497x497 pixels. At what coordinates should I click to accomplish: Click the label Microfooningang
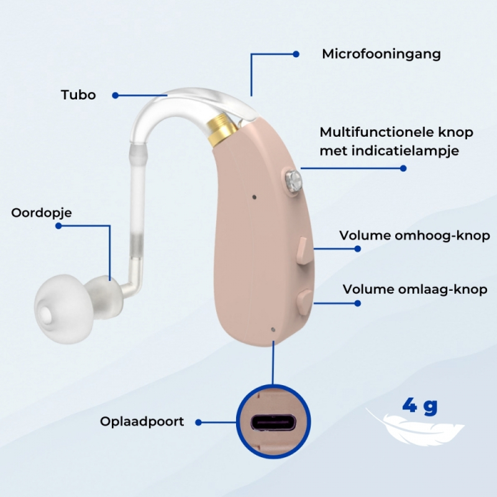(381, 54)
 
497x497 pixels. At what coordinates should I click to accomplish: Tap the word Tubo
(78, 95)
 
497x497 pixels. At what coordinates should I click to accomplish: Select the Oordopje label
(42, 213)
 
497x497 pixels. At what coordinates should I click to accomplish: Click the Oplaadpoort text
(142, 422)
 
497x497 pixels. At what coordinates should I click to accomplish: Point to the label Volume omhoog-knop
(414, 235)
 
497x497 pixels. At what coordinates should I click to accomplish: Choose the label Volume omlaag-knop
(415, 290)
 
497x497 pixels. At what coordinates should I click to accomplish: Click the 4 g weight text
(420, 406)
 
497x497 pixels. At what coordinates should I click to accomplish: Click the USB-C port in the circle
(273, 422)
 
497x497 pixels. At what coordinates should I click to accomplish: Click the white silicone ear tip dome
(61, 308)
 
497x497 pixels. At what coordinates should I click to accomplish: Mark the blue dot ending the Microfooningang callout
(296, 54)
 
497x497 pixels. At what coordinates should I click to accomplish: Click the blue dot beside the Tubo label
(116, 95)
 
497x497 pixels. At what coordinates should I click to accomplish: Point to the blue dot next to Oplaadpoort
(199, 422)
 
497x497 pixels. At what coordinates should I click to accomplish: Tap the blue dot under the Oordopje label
(58, 226)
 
